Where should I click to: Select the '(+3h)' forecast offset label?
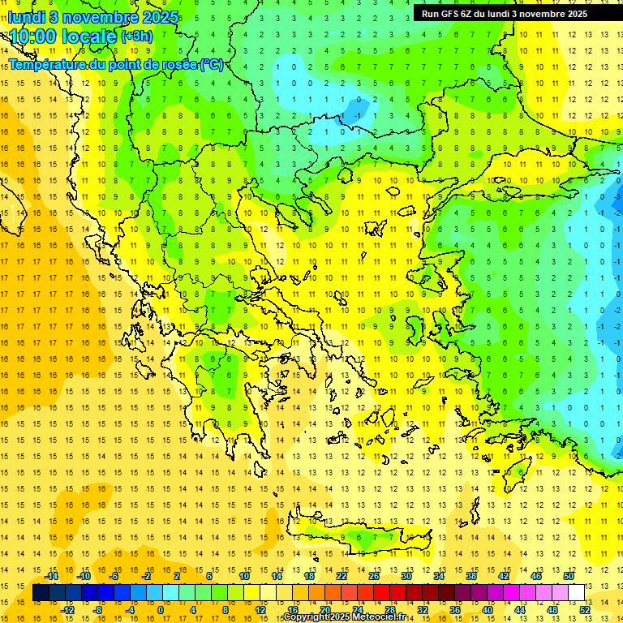(x=135, y=37)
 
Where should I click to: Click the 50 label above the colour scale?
(x=568, y=576)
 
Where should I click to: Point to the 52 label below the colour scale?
(x=584, y=610)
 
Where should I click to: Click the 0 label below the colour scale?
(x=161, y=610)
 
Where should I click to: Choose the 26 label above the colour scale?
(x=374, y=576)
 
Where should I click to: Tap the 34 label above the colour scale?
(x=439, y=576)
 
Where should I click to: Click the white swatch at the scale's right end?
(x=576, y=593)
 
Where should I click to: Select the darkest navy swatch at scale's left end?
(x=41, y=593)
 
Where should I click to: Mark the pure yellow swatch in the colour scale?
(x=252, y=593)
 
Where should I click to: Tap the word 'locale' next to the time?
(x=90, y=37)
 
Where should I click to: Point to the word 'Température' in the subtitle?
(x=48, y=64)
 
